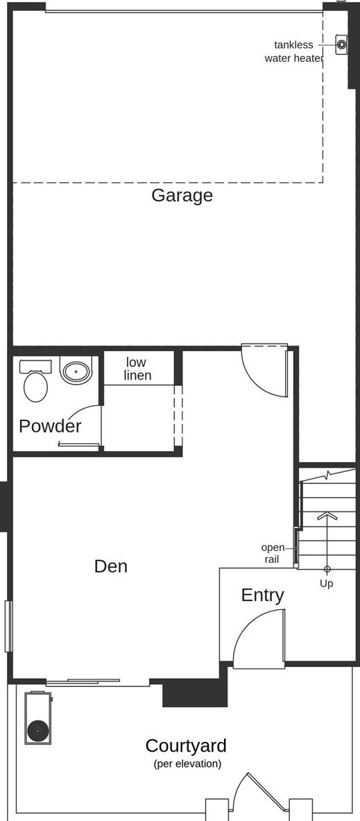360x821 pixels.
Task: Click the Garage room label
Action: (182, 196)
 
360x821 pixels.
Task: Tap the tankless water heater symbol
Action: (341, 44)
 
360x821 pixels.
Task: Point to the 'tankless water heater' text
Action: (293, 51)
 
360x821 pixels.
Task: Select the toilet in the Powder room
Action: (35, 383)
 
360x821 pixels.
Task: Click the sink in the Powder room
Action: (76, 370)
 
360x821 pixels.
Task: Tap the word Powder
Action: (50, 426)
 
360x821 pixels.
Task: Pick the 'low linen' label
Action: (137, 369)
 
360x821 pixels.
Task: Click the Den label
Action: (111, 566)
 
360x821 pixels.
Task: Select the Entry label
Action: (262, 595)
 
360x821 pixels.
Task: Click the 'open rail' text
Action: (273, 553)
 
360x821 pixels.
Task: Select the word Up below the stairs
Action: (326, 584)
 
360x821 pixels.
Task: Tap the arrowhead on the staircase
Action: (327, 516)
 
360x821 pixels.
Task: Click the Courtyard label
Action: (185, 746)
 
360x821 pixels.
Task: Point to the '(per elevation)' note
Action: (187, 764)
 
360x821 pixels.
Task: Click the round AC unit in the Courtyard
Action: (37, 730)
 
